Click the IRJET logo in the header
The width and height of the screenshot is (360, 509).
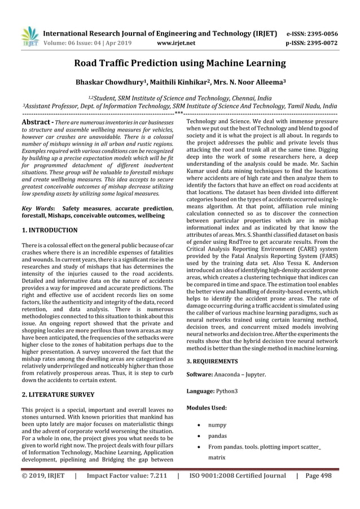[x=29, y=36]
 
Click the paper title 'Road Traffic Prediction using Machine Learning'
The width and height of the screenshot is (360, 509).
[x=180, y=63]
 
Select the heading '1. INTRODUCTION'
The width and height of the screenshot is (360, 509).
[x=49, y=231]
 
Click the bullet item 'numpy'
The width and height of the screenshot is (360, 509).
[x=218, y=424]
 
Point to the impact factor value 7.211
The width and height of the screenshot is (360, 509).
[x=154, y=492]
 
